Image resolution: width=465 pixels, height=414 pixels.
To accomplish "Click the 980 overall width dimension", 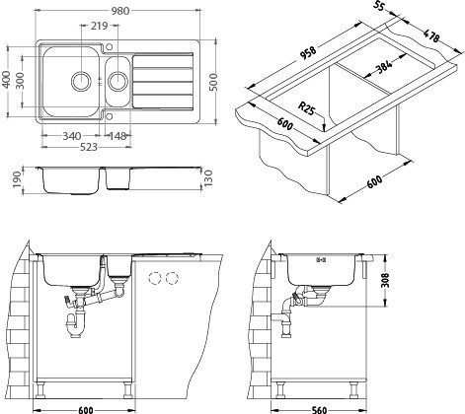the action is pos(120,11).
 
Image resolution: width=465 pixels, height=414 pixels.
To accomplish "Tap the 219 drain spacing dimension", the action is pos(100,26).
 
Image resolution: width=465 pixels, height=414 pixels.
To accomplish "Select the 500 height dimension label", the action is pos(213,82).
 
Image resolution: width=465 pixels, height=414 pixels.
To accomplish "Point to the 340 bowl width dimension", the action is pos(72,136).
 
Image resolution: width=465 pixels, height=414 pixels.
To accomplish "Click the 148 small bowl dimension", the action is pos(117,136).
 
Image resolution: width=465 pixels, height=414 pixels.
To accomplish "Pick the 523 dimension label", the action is pos(89,147).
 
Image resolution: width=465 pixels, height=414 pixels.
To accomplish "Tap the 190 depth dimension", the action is pos(18,180).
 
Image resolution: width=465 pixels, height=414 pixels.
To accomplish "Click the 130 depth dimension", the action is pos(208,177).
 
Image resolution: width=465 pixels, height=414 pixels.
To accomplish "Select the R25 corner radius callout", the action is pos(307,108).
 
